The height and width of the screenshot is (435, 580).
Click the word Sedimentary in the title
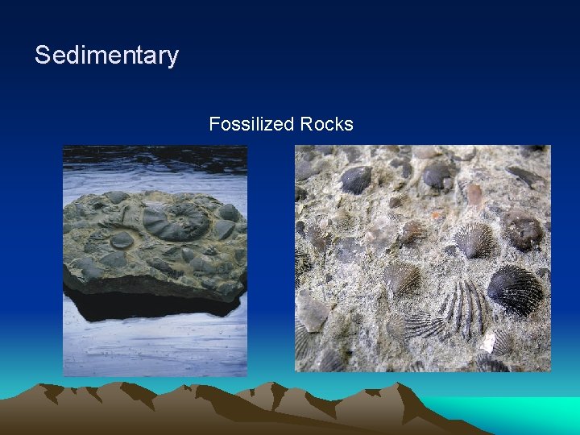point(106,56)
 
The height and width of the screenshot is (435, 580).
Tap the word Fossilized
point(251,124)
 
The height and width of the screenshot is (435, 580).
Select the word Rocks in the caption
point(326,124)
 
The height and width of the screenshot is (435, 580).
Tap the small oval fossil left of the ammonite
point(122,240)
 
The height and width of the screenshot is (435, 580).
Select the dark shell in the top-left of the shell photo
point(355,179)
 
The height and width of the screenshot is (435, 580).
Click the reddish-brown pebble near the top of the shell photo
point(474,194)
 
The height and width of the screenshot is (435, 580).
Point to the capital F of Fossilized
point(213,124)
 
